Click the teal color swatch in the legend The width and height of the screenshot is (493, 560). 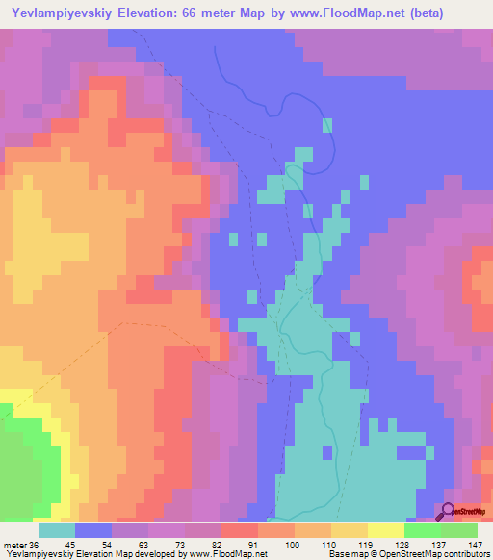pos(57,530)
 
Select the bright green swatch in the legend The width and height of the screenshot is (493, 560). pos(423,530)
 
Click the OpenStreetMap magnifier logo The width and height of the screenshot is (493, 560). pos(448,512)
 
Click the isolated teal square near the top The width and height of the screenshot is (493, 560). pos(327,125)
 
